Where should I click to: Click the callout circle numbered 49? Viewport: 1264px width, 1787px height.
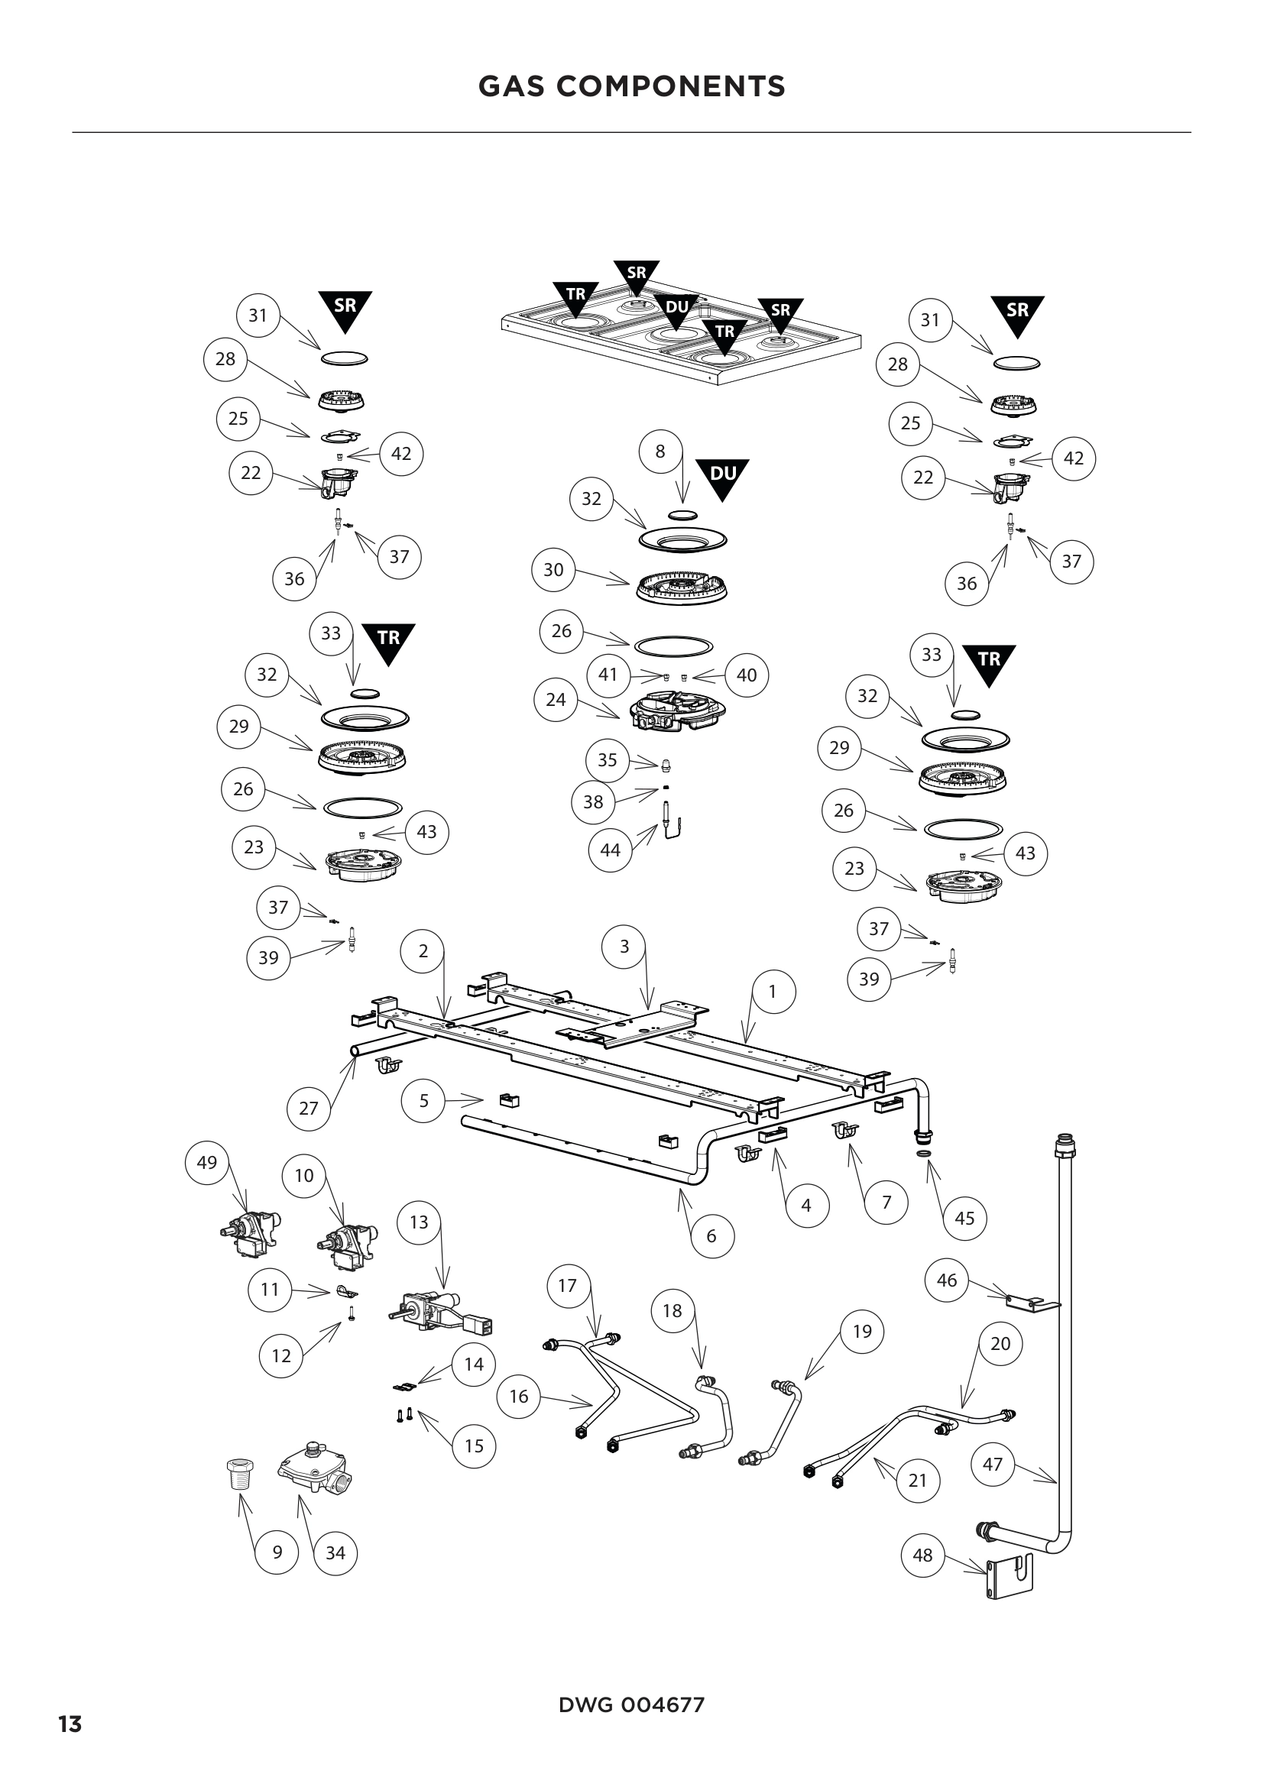pos(207,1163)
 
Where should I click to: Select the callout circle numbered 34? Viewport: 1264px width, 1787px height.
pos(335,1552)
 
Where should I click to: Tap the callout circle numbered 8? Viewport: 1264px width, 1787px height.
pos(660,452)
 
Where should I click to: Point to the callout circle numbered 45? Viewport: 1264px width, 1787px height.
pos(964,1218)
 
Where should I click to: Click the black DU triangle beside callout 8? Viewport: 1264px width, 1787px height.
pos(723,476)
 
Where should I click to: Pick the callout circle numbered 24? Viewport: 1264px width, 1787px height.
pos(556,700)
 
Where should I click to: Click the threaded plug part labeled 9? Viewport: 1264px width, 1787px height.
pos(238,1472)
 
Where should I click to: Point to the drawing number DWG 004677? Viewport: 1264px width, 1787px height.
pos(631,1705)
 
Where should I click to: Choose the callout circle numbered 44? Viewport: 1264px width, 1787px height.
pos(610,850)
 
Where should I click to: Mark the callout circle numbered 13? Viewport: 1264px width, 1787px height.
pos(419,1222)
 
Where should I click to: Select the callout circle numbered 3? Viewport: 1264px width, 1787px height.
pos(624,947)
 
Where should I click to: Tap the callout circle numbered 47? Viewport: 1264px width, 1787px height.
pos(993,1464)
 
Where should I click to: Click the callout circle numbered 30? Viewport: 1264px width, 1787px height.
pos(553,570)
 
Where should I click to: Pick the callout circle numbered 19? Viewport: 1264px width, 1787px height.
pos(862,1331)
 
